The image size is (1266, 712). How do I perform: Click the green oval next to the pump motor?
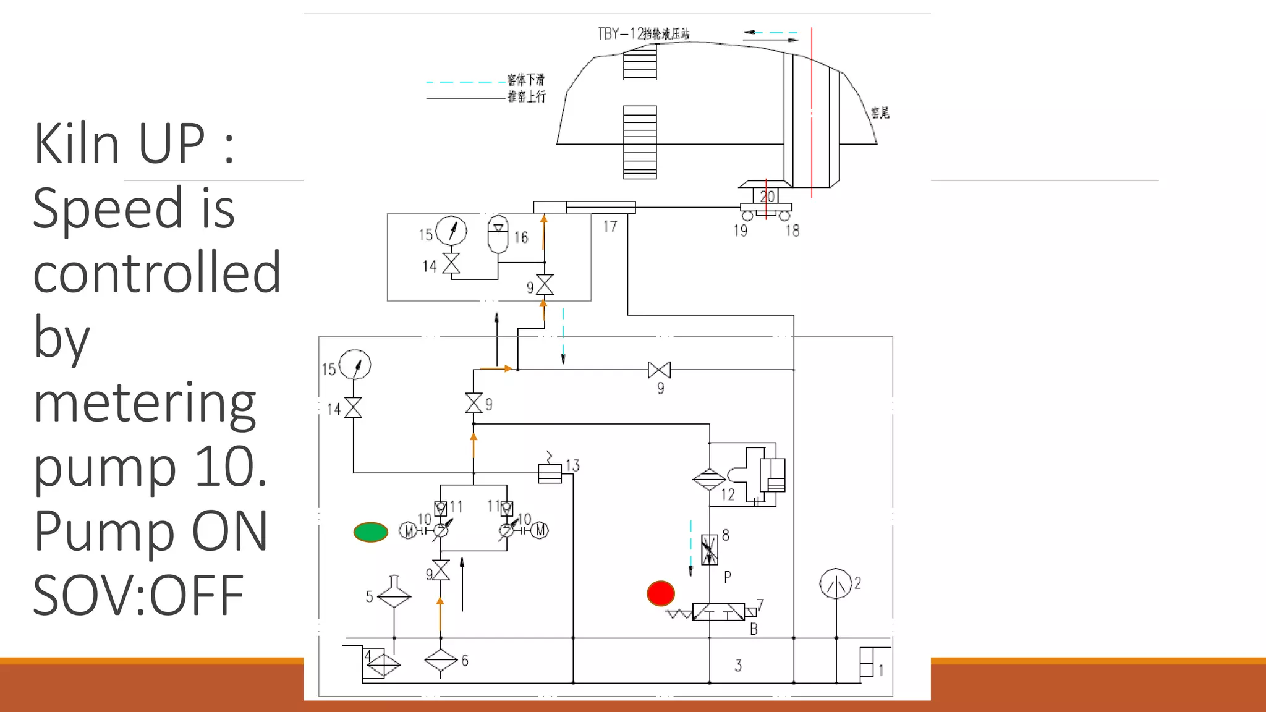point(370,532)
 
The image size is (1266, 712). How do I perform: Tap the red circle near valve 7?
point(660,593)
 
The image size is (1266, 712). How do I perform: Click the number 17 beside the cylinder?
point(610,227)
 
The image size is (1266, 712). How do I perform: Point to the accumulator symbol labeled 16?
point(498,234)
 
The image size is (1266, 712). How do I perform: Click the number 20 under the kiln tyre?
point(767,197)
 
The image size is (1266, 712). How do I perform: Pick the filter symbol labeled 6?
point(441,660)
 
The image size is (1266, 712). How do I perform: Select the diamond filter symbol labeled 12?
point(709,479)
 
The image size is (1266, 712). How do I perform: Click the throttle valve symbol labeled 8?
point(710,549)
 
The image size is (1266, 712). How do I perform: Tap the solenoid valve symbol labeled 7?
point(718,612)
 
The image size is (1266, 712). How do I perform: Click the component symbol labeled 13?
point(550,473)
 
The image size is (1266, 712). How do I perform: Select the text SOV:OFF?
point(138,595)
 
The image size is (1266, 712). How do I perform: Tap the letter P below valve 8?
point(728,577)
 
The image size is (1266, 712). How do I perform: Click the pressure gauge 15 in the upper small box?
point(451,231)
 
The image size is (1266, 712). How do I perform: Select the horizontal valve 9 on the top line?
point(659,370)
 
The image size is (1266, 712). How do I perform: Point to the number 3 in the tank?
point(738,666)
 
